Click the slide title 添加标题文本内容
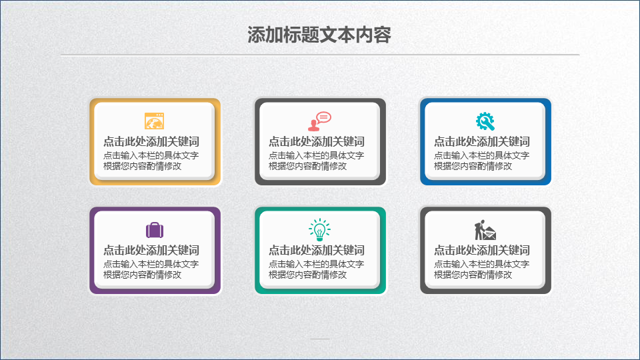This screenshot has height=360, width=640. click(x=319, y=35)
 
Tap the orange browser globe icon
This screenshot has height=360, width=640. click(x=154, y=121)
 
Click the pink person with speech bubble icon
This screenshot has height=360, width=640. click(x=319, y=121)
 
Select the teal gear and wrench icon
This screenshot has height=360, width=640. click(x=485, y=121)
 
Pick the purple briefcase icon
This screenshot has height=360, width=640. click(x=155, y=230)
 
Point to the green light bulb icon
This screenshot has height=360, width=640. click(x=319, y=229)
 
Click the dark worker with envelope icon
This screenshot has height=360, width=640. click(x=485, y=230)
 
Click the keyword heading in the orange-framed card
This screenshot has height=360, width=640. click(x=151, y=141)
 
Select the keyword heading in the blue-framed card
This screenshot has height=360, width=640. click(x=481, y=141)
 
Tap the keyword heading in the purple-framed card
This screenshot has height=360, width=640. click(x=151, y=250)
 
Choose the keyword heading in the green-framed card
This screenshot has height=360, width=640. click(x=316, y=250)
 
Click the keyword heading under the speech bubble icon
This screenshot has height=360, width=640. click(x=316, y=141)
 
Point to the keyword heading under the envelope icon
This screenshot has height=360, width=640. click(x=481, y=250)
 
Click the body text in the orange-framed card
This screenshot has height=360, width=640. click(x=151, y=161)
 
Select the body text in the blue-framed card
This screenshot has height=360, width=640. click(x=481, y=161)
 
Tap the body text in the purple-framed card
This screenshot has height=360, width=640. click(x=151, y=269)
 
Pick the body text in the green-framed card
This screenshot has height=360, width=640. click(x=316, y=269)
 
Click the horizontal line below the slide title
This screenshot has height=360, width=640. click(x=320, y=54)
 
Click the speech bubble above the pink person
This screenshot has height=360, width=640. click(x=324, y=117)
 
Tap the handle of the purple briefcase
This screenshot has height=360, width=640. click(x=155, y=223)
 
